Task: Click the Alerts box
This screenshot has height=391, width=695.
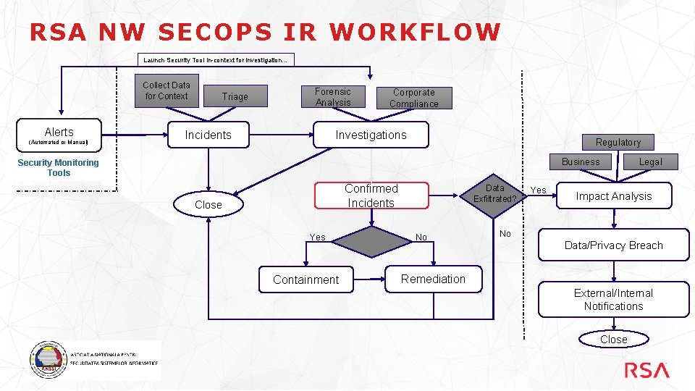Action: [x=59, y=135]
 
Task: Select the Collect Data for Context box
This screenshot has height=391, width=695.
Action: [x=166, y=91]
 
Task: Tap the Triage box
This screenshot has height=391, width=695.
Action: [x=235, y=96]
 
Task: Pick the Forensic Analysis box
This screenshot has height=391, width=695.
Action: [x=333, y=97]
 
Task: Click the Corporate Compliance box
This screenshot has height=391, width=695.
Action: [x=414, y=98]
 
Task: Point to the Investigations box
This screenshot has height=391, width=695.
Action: [x=371, y=135]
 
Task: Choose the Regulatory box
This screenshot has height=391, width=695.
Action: [x=618, y=142]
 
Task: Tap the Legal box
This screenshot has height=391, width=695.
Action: [x=650, y=161]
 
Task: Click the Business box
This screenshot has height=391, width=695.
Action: [x=581, y=161]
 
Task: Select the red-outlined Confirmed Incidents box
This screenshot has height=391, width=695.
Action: [x=371, y=195]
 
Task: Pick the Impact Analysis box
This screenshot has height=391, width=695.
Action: [x=614, y=196]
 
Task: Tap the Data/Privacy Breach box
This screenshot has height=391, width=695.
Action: [x=613, y=245]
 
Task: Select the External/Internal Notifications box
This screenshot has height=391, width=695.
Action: [x=613, y=300]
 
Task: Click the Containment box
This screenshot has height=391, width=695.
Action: [x=306, y=279]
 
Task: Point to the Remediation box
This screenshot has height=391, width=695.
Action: [x=433, y=279]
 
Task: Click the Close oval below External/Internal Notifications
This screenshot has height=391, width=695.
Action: [x=613, y=339]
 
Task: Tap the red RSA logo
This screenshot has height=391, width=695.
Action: [x=647, y=371]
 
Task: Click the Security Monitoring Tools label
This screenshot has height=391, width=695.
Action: [x=59, y=168]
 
